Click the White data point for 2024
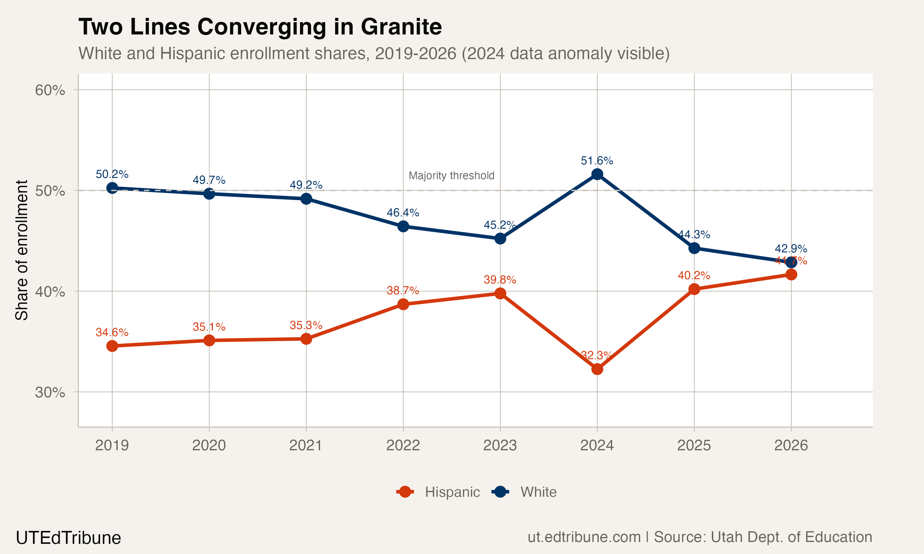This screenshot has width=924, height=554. point(597,174)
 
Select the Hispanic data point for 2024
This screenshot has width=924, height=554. point(597,369)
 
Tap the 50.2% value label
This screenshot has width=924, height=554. point(112,174)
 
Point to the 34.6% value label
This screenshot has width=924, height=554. point(112,332)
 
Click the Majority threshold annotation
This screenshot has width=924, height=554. point(451,175)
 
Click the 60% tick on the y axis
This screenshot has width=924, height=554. point(50,90)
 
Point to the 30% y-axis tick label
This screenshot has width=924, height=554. point(50,392)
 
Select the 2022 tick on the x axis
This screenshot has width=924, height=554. point(403,445)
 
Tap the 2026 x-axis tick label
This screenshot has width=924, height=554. point(791,445)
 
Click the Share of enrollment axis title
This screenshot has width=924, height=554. point(22,250)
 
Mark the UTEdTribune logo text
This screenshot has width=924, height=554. point(68,538)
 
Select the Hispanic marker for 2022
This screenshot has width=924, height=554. point(403,304)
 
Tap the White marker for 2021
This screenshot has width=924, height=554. point(306,199)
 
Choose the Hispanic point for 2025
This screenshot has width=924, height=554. point(694,289)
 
